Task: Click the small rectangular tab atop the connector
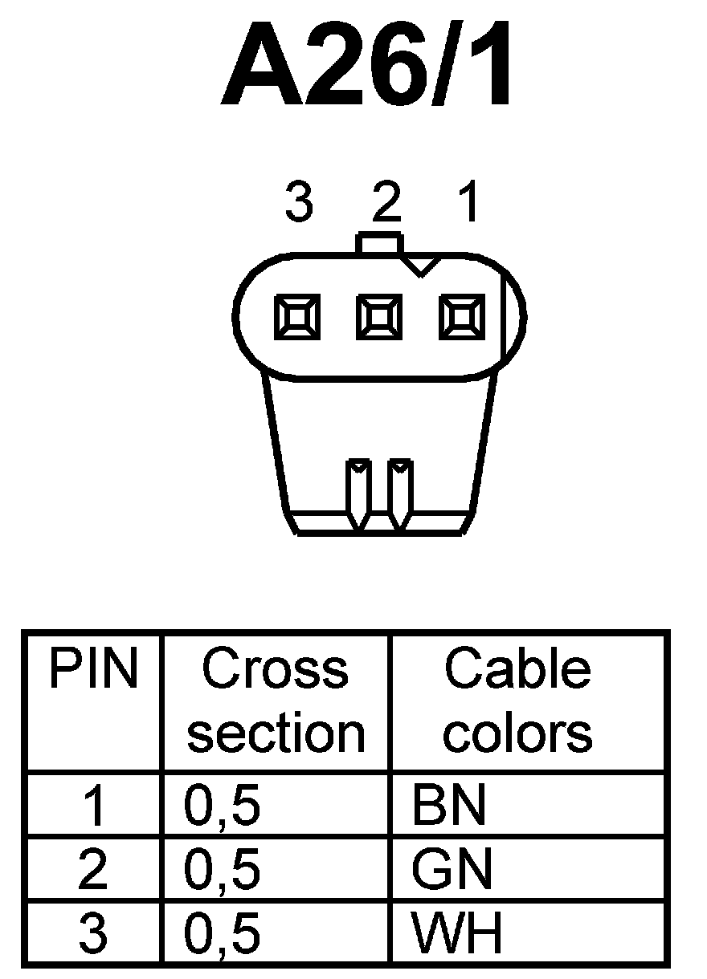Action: point(378,243)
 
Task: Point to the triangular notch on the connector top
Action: point(419,266)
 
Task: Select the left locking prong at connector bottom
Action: point(358,491)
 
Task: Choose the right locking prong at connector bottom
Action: point(399,491)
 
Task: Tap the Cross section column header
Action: point(276,701)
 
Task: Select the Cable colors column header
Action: point(517,701)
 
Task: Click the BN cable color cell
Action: point(449,806)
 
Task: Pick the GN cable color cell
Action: point(451,869)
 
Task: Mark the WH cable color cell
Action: point(456,932)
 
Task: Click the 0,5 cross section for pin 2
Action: point(223,869)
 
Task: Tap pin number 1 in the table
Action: point(94,806)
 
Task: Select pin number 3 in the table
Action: point(93,932)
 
